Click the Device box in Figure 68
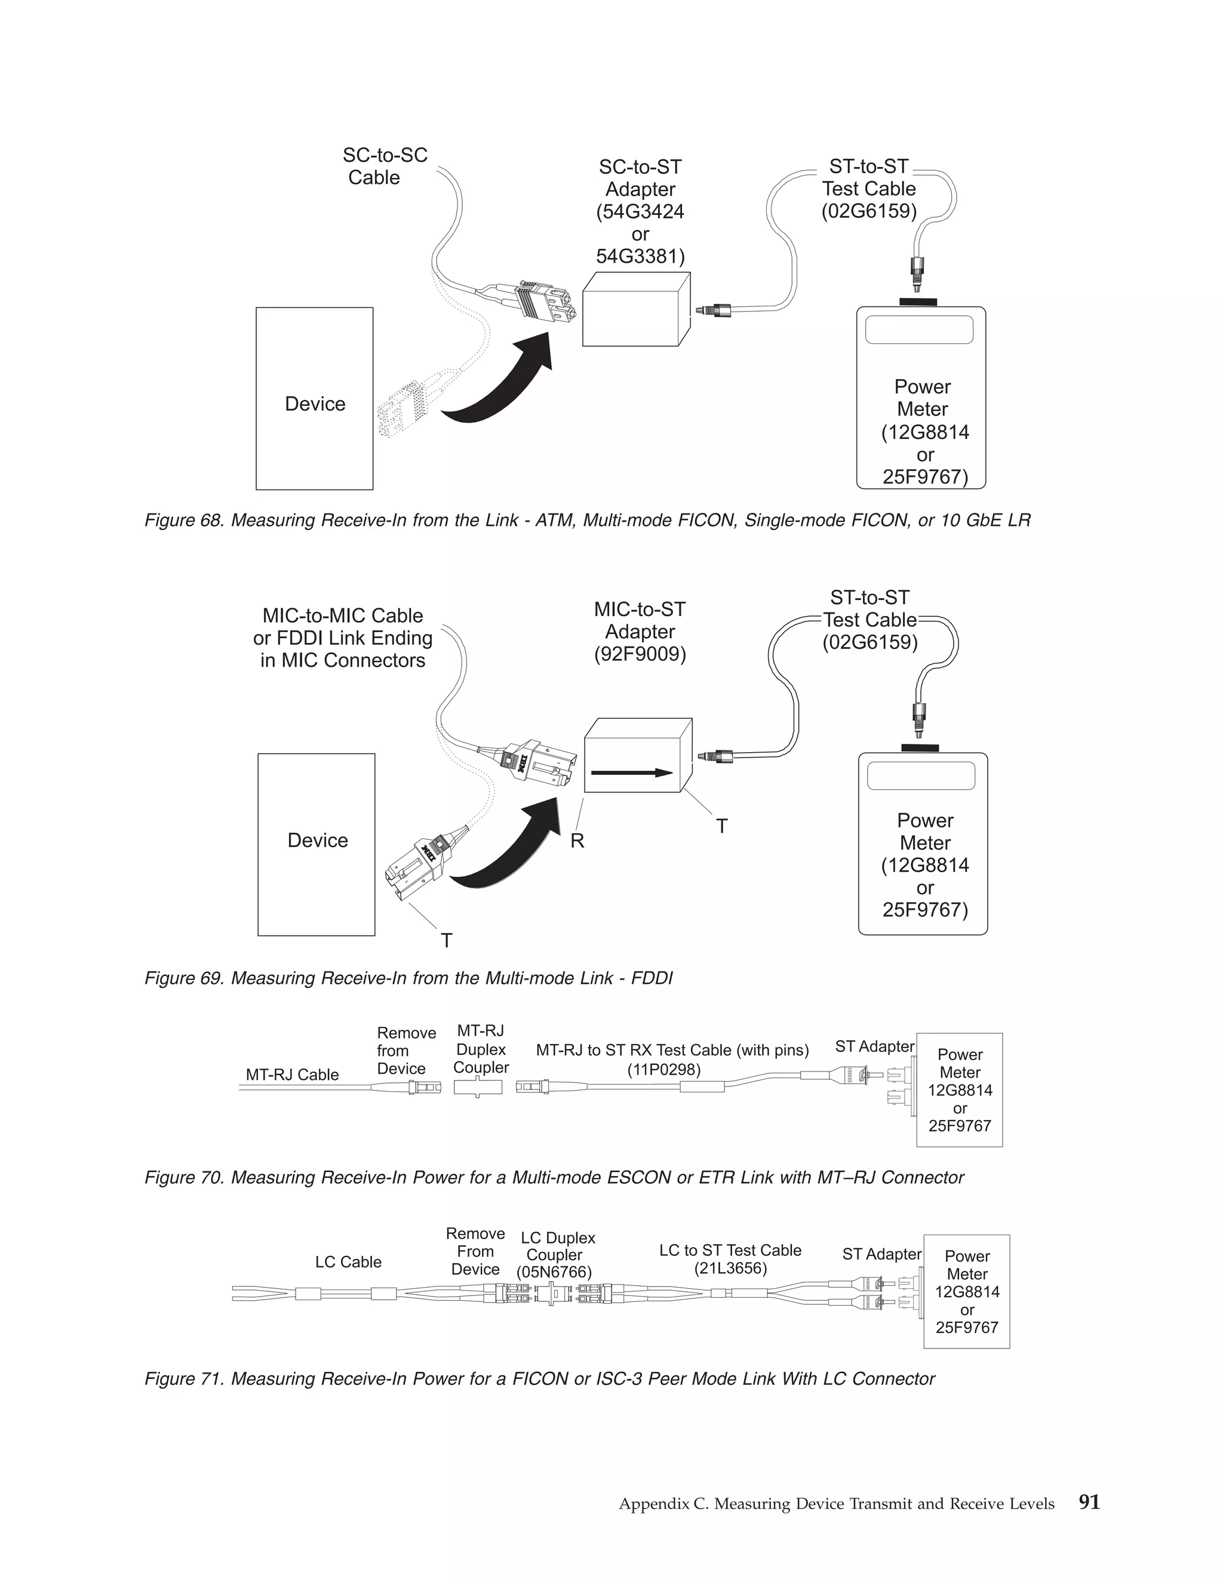315,398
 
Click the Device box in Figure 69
316,844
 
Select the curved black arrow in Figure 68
507,384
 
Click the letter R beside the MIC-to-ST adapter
577,841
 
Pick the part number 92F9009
640,654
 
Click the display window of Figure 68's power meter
918,330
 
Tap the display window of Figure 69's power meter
921,776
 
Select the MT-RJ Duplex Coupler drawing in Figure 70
478,1087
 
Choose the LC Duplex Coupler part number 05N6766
554,1272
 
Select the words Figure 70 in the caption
183,1178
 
